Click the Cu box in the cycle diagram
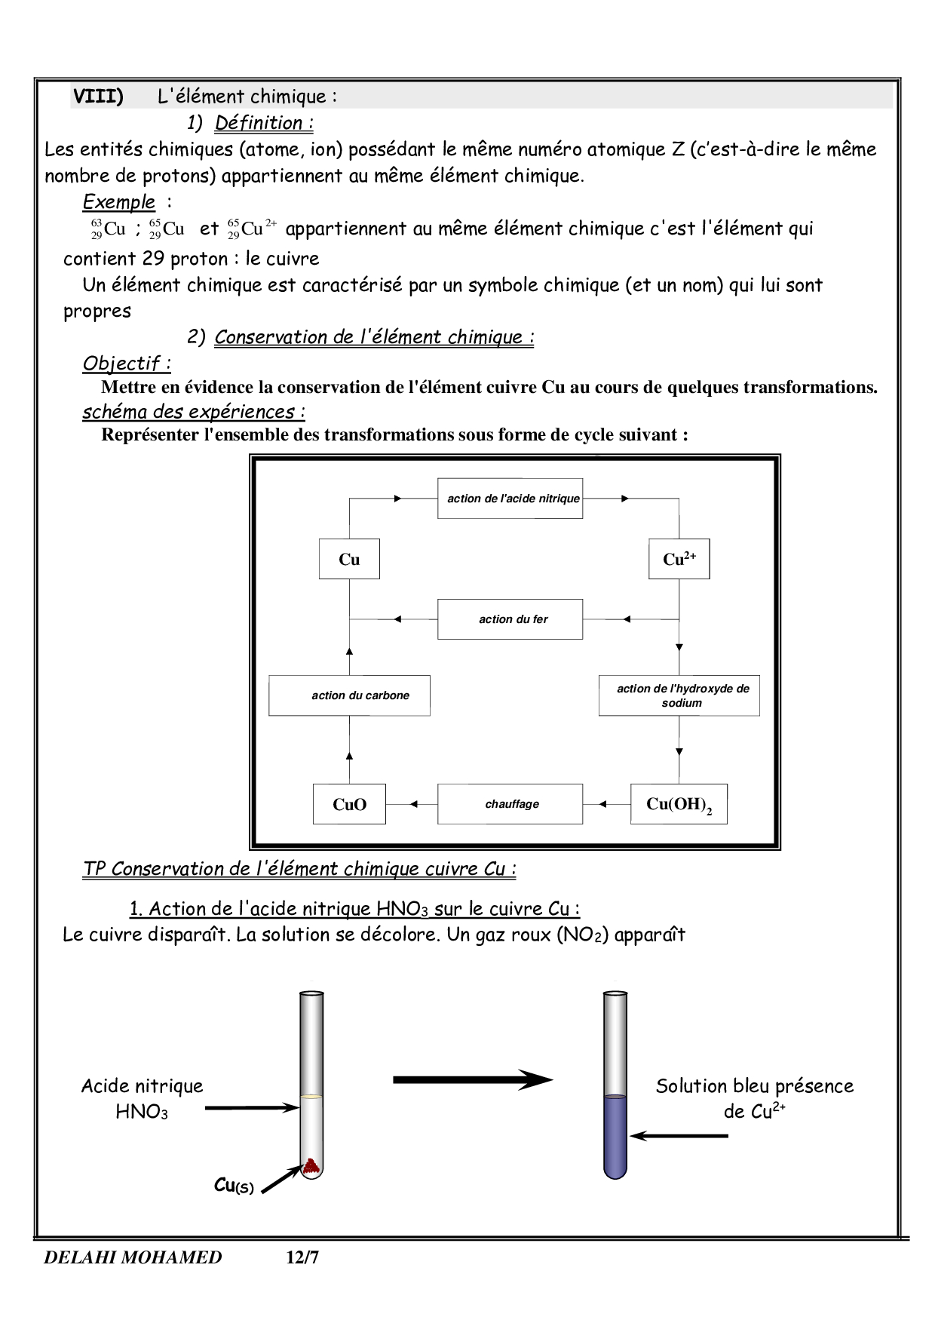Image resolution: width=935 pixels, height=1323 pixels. [349, 559]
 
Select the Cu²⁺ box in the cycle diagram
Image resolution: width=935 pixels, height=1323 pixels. [679, 559]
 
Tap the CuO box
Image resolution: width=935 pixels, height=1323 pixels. [349, 804]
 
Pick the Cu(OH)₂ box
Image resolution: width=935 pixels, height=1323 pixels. [679, 804]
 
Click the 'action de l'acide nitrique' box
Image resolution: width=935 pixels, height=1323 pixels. [510, 499]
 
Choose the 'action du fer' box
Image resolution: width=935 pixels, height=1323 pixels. [510, 619]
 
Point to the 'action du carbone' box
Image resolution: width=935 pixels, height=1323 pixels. [349, 695]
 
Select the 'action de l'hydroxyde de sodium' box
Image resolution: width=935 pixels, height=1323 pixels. [679, 695]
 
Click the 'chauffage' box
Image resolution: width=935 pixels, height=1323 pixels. [510, 804]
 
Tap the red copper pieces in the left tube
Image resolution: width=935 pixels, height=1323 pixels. [311, 1167]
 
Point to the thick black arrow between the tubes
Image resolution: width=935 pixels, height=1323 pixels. [473, 1080]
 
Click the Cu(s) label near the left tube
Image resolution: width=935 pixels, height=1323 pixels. [234, 1186]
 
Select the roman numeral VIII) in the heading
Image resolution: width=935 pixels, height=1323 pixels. [99, 97]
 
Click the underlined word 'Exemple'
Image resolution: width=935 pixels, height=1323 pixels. [118, 202]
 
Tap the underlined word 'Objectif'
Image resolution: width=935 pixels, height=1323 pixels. [121, 364]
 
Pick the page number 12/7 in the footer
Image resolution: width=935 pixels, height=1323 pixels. [302, 1257]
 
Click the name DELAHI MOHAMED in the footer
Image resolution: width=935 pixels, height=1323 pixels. [133, 1257]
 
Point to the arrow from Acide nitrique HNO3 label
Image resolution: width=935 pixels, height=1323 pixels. [252, 1108]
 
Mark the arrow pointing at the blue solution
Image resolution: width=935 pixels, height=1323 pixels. [679, 1135]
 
